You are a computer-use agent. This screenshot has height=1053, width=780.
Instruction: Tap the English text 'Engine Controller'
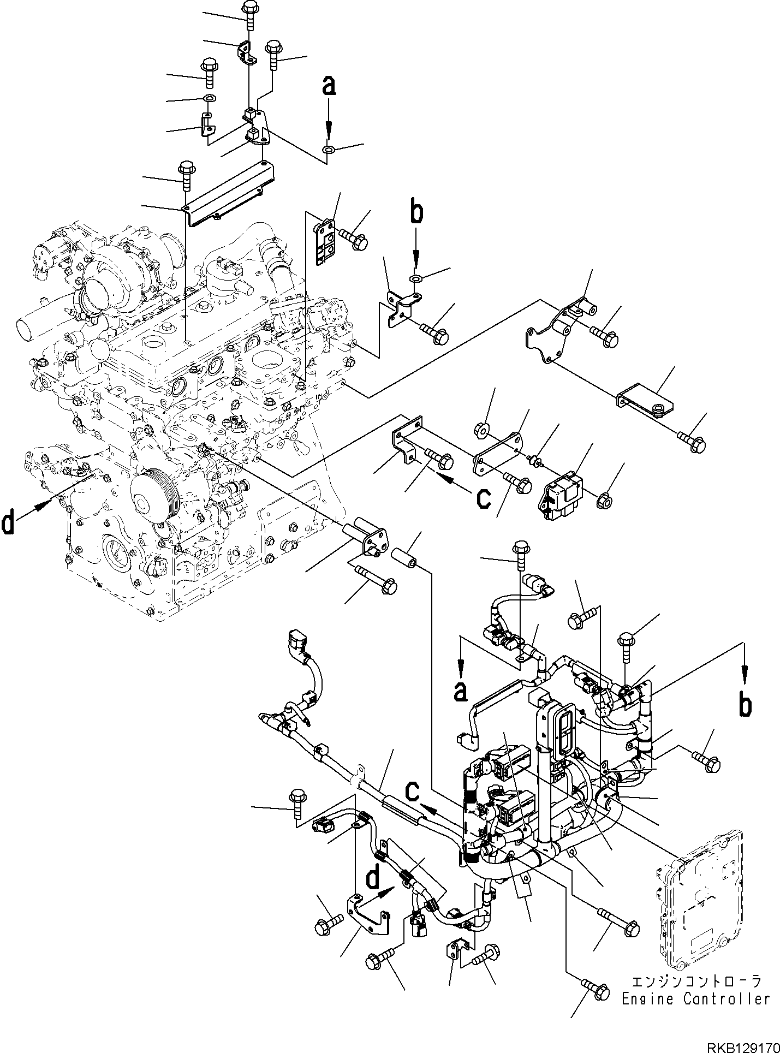[696, 998]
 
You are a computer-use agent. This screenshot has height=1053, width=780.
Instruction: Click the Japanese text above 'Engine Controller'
[695, 980]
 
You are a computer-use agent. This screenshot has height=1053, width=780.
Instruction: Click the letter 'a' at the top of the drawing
[328, 87]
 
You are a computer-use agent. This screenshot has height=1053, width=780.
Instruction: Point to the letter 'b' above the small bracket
[416, 214]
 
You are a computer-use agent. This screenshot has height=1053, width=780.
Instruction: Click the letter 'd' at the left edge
[8, 523]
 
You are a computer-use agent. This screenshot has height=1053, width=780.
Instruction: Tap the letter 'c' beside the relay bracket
[484, 497]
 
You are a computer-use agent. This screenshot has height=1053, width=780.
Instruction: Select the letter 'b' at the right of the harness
[745, 705]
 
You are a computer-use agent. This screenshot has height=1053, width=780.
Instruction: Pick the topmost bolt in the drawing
[248, 11]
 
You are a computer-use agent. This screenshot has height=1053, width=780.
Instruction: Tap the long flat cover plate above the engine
[229, 191]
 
